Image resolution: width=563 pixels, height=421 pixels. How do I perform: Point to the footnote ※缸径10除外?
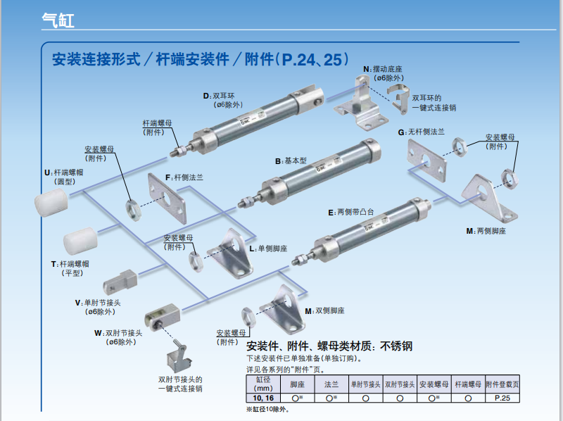[x=267, y=409]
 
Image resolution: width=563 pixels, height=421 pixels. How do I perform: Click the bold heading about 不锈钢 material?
[x=329, y=346]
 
